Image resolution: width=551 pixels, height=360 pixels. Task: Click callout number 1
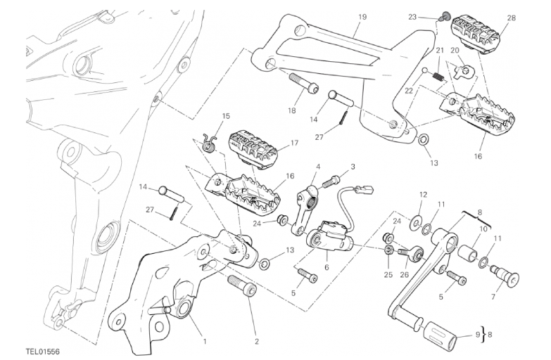point(205,342)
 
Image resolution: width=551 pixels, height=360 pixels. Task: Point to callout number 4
point(318,167)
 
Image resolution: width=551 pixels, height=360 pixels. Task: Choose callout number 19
point(362,16)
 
